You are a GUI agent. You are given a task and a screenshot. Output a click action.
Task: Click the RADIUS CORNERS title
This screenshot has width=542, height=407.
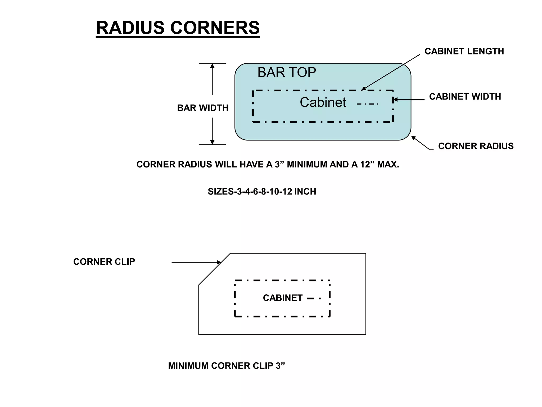click(x=178, y=28)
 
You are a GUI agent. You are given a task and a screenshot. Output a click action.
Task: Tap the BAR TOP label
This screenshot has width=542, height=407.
click(x=287, y=72)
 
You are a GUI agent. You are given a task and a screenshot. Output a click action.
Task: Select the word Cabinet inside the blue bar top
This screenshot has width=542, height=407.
click(x=323, y=102)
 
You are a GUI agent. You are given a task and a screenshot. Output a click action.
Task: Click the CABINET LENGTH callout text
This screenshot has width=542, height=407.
click(x=464, y=51)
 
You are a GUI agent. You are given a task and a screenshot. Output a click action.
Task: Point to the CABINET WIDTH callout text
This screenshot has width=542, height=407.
click(x=465, y=97)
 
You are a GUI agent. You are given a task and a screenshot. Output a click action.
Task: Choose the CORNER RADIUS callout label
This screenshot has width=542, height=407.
click(x=476, y=146)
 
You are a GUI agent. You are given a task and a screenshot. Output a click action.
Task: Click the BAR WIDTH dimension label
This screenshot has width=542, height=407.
click(x=203, y=108)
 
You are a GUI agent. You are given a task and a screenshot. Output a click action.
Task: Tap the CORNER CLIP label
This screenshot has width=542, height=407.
click(x=104, y=262)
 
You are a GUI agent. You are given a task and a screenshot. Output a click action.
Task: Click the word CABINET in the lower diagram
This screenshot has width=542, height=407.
click(x=283, y=298)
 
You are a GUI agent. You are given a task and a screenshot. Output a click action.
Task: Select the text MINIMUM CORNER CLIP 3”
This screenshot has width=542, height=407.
click(x=227, y=366)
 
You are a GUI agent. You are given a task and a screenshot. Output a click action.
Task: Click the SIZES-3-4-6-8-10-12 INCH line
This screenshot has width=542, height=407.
click(x=262, y=192)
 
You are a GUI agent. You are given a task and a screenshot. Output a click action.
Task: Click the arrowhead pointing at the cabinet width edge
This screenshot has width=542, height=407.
click(x=395, y=100)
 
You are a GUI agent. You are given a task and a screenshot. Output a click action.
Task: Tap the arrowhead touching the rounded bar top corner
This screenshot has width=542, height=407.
click(x=413, y=138)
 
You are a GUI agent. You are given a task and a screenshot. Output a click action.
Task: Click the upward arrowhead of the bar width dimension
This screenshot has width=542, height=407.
click(x=212, y=66)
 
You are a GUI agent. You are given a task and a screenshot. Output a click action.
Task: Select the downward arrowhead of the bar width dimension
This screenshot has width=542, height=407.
click(x=212, y=142)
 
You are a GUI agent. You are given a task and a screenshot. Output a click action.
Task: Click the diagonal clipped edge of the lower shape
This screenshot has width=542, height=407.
click(x=214, y=269)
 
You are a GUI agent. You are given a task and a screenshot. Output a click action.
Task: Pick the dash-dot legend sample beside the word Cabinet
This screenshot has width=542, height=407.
click(x=368, y=104)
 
